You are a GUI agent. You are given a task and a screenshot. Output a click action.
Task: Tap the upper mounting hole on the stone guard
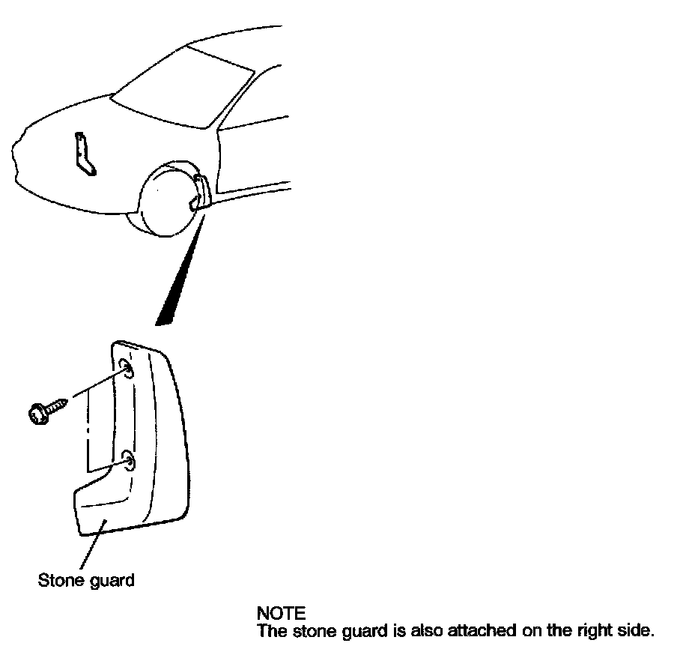tap(126, 369)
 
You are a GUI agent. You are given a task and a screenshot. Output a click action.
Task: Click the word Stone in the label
tap(58, 580)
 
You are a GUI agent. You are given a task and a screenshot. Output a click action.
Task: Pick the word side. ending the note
tap(637, 631)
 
